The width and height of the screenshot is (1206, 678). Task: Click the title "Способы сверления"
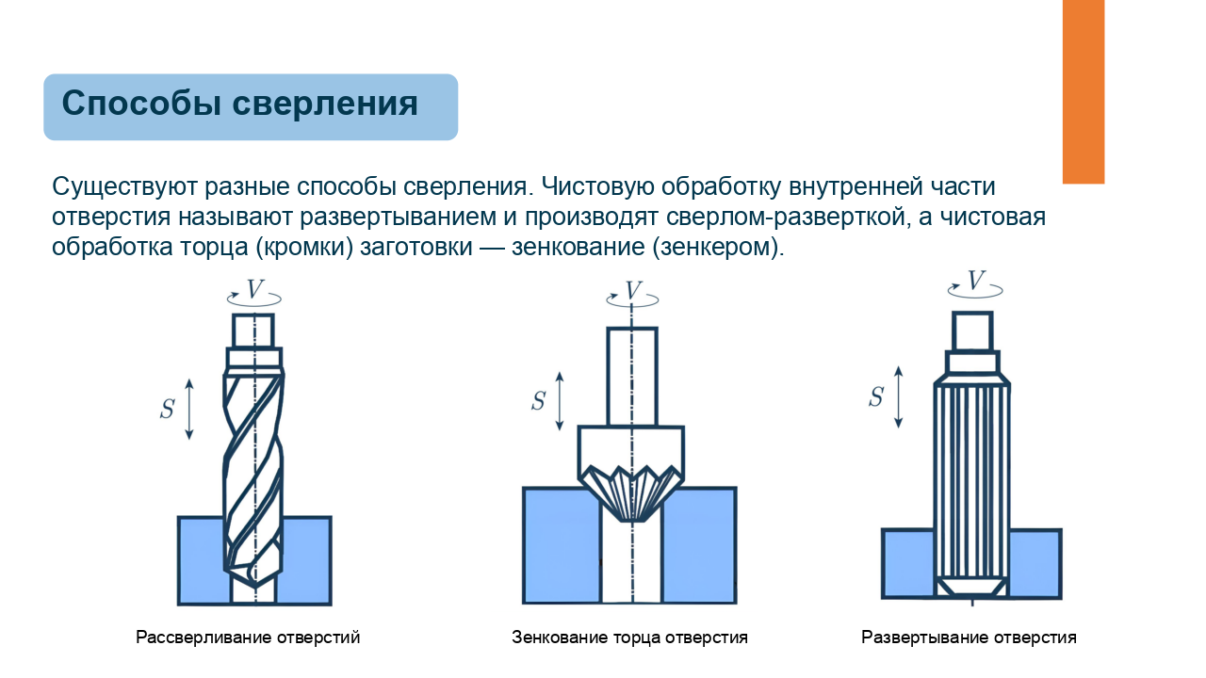(x=239, y=104)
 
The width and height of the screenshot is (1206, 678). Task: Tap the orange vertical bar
(x=1084, y=91)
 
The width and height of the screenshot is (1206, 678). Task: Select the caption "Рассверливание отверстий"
(x=248, y=638)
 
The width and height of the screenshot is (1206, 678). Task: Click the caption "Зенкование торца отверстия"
(x=629, y=638)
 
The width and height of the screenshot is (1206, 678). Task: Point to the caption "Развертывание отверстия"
(x=969, y=638)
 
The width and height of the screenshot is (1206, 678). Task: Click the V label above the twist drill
(x=254, y=289)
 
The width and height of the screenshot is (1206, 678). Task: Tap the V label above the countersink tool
(x=634, y=291)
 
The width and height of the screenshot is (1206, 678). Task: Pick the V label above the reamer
(x=975, y=281)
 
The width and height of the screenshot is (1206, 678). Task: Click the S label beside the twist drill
(x=167, y=409)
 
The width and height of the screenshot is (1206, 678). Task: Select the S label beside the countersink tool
(x=538, y=401)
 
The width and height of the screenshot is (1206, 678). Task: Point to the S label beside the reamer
(x=876, y=397)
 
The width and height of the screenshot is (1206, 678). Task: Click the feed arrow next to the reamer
(x=898, y=397)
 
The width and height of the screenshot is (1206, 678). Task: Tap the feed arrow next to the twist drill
(x=189, y=409)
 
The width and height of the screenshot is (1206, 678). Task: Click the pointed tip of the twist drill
(x=255, y=587)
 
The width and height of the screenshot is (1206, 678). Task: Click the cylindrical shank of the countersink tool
(x=632, y=377)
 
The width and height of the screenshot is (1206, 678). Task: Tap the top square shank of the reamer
(x=972, y=331)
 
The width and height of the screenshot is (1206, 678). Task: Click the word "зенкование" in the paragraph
(x=579, y=247)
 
